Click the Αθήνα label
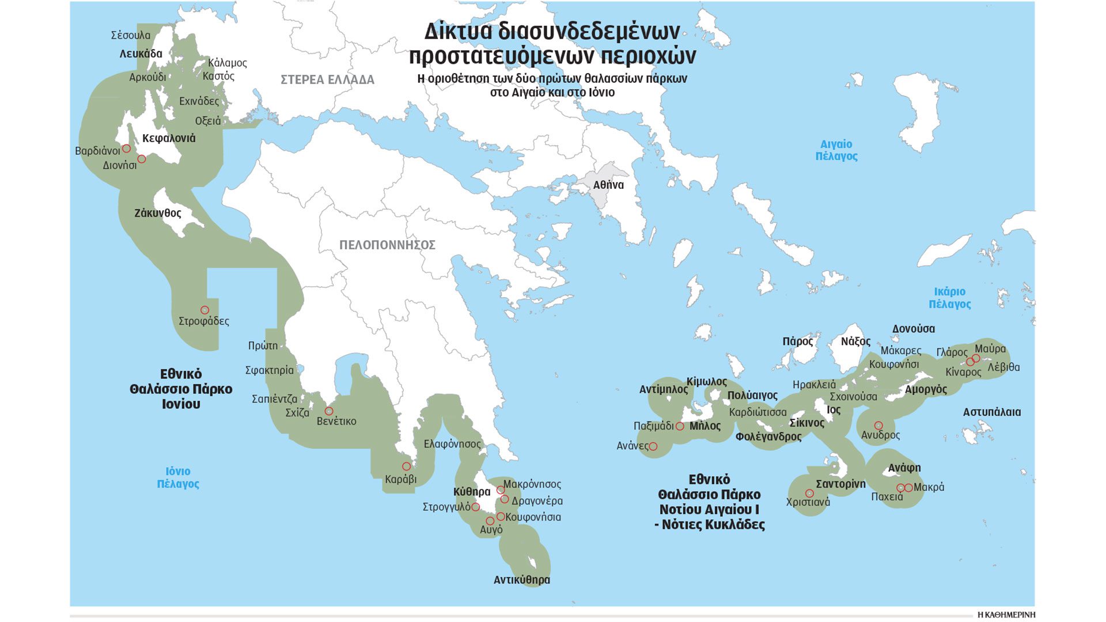[608, 185]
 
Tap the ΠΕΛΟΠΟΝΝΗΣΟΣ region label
[387, 245]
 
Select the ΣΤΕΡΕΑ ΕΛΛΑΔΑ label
[327, 80]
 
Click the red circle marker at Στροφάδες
[204, 310]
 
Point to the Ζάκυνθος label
[158, 213]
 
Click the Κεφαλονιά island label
[169, 138]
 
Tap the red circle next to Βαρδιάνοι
[126, 149]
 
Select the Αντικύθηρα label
[521, 580]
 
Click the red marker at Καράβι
[406, 466]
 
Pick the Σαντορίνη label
[840, 484]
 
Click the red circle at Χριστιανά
[809, 494]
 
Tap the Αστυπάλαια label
[991, 412]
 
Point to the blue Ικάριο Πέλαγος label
[949, 298]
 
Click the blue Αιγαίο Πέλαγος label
[836, 150]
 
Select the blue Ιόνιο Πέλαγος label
[178, 477]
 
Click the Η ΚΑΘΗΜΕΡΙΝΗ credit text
[1006, 615]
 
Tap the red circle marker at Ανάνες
[653, 446]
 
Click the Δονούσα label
[913, 329]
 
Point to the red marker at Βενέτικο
[329, 411]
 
